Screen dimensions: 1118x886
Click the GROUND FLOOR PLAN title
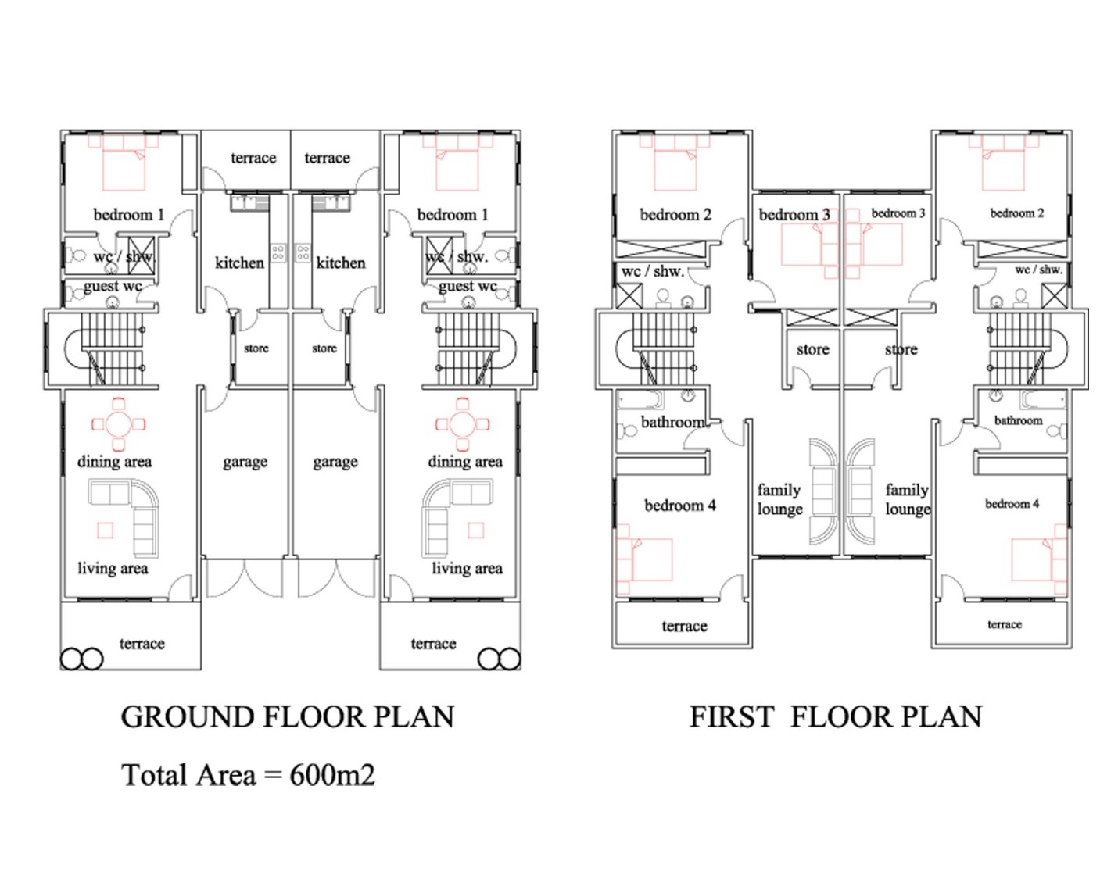pos(287,717)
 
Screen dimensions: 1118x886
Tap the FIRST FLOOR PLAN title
pos(836,717)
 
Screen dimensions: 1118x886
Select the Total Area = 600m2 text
pos(248,775)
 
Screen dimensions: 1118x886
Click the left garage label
pos(245,462)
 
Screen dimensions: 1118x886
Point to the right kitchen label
pos(341,263)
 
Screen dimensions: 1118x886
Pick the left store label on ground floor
pos(256,348)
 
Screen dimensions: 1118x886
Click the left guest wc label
pos(113,287)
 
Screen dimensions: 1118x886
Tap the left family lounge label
pos(779,499)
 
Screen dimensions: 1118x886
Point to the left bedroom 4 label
pos(680,506)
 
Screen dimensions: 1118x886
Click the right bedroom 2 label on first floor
pos(1016,213)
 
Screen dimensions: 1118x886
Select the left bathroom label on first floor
pos(673,422)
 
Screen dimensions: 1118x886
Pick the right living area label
pos(467,569)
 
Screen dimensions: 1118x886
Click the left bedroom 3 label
pos(794,215)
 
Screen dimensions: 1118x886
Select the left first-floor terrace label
pos(684,627)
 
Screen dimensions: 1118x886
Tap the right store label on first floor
pos(901,349)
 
